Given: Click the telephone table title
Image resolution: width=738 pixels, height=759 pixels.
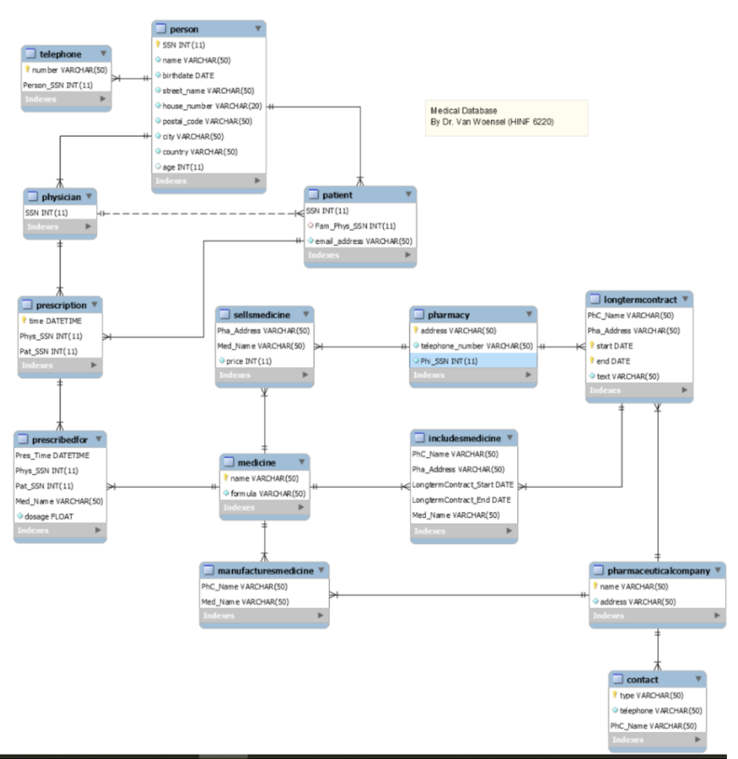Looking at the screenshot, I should [60, 54].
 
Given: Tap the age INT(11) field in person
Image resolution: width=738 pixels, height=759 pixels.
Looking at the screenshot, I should [183, 167].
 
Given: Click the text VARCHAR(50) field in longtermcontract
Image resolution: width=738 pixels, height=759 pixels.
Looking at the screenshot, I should [628, 377].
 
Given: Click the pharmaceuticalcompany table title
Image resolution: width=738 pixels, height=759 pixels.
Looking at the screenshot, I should [658, 571].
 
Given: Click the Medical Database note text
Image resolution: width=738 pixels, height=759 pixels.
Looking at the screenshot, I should [492, 116].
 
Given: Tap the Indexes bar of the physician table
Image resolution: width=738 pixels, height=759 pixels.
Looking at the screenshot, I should [59, 227].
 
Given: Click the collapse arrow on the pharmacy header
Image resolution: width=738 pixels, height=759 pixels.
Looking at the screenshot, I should [528, 314].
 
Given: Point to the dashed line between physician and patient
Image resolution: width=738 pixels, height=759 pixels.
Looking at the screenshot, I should [200, 213].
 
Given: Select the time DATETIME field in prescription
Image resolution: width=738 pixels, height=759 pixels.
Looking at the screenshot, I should [55, 321].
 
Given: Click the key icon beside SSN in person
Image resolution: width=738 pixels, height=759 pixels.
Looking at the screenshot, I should [158, 44].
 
